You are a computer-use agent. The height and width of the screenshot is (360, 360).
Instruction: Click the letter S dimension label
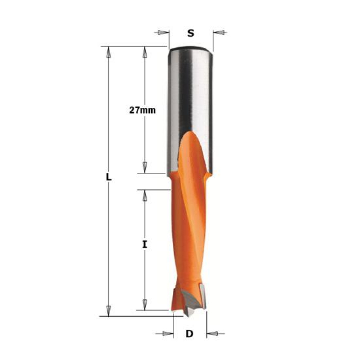click(190, 33)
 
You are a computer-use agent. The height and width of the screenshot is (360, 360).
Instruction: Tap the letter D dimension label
click(189, 333)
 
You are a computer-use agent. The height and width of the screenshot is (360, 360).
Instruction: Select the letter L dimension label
click(108, 177)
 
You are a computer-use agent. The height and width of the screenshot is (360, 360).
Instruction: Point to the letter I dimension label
click(144, 244)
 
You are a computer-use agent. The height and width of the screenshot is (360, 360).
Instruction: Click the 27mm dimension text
click(142, 110)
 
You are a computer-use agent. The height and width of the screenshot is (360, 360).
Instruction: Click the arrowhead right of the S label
click(219, 32)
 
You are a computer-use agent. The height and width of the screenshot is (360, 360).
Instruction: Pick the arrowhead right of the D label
click(212, 333)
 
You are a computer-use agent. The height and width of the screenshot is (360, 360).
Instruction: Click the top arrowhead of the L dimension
click(108, 52)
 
